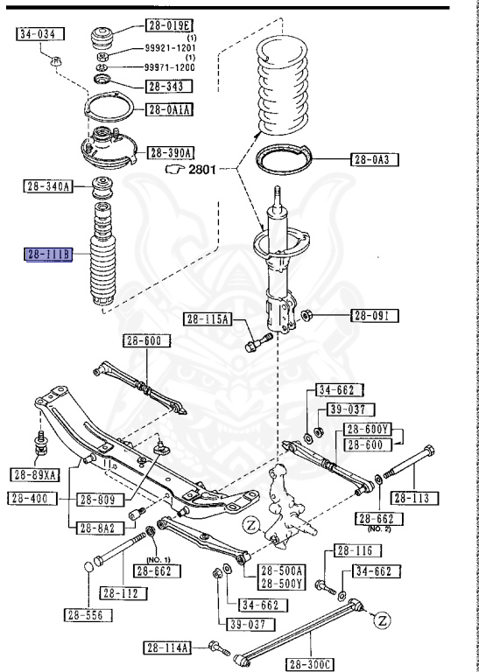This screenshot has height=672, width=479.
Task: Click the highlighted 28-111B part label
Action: coord(48,255)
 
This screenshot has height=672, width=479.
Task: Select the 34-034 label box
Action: coord(40,34)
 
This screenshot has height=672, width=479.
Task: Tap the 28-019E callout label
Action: coord(169,25)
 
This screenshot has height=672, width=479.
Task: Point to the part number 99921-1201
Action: coord(170,48)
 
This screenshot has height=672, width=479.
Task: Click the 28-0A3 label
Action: coord(375,160)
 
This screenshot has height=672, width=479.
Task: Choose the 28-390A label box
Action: coord(171,152)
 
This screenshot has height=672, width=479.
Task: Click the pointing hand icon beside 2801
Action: coord(174,169)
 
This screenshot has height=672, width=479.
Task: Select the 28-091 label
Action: coord(375,316)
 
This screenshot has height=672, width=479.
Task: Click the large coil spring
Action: coord(283,84)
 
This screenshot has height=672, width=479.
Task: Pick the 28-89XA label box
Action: coord(35,474)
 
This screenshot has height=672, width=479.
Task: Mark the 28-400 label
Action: coord(32,499)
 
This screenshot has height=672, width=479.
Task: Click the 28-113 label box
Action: coord(415,498)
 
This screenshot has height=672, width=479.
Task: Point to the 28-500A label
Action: coord(281,570)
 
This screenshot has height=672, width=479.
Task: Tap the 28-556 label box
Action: coord(88,615)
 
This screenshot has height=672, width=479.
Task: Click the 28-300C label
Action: coord(310,665)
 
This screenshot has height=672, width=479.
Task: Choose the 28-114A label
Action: coord(167,647)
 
